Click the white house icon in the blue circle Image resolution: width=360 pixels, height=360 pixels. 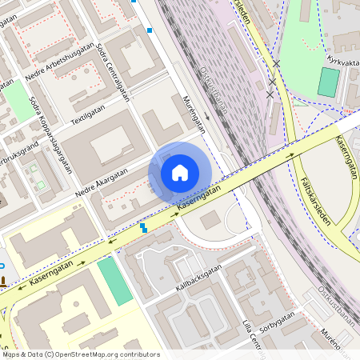click(x=180, y=172)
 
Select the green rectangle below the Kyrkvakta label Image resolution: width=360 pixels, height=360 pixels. click(x=329, y=82)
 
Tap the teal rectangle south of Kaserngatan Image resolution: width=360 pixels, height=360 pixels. click(x=115, y=281)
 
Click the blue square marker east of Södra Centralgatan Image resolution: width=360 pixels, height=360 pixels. click(x=150, y=31)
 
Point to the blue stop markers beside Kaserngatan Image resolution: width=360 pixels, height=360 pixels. click(x=144, y=228)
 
